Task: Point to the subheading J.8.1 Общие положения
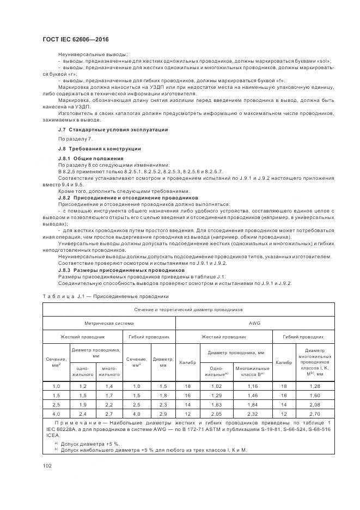click(x=90, y=158)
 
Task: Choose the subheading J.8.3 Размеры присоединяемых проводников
click(x=121, y=270)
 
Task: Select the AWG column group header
click(x=254, y=323)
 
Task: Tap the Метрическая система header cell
click(x=108, y=323)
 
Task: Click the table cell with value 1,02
click(x=216, y=386)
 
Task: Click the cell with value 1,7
click(x=109, y=394)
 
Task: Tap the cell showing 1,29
click(x=216, y=394)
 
